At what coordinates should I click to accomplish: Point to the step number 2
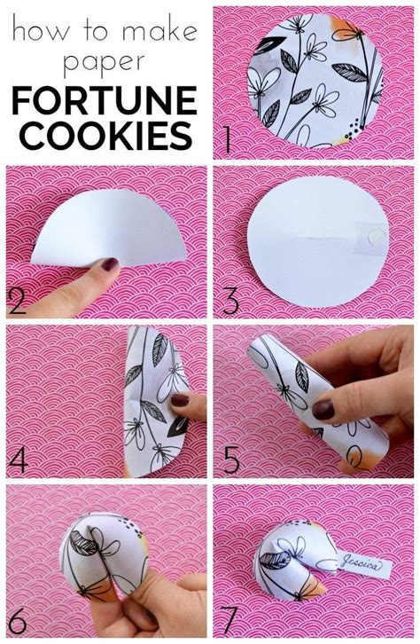[x=18, y=302]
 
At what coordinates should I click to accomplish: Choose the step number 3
[x=230, y=302]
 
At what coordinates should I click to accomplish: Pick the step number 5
[x=229, y=459]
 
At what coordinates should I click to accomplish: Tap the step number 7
[x=230, y=618]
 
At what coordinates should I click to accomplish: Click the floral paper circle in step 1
[x=316, y=80]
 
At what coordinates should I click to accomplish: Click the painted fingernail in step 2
[x=108, y=263]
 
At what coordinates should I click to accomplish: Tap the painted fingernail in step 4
[x=180, y=401]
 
